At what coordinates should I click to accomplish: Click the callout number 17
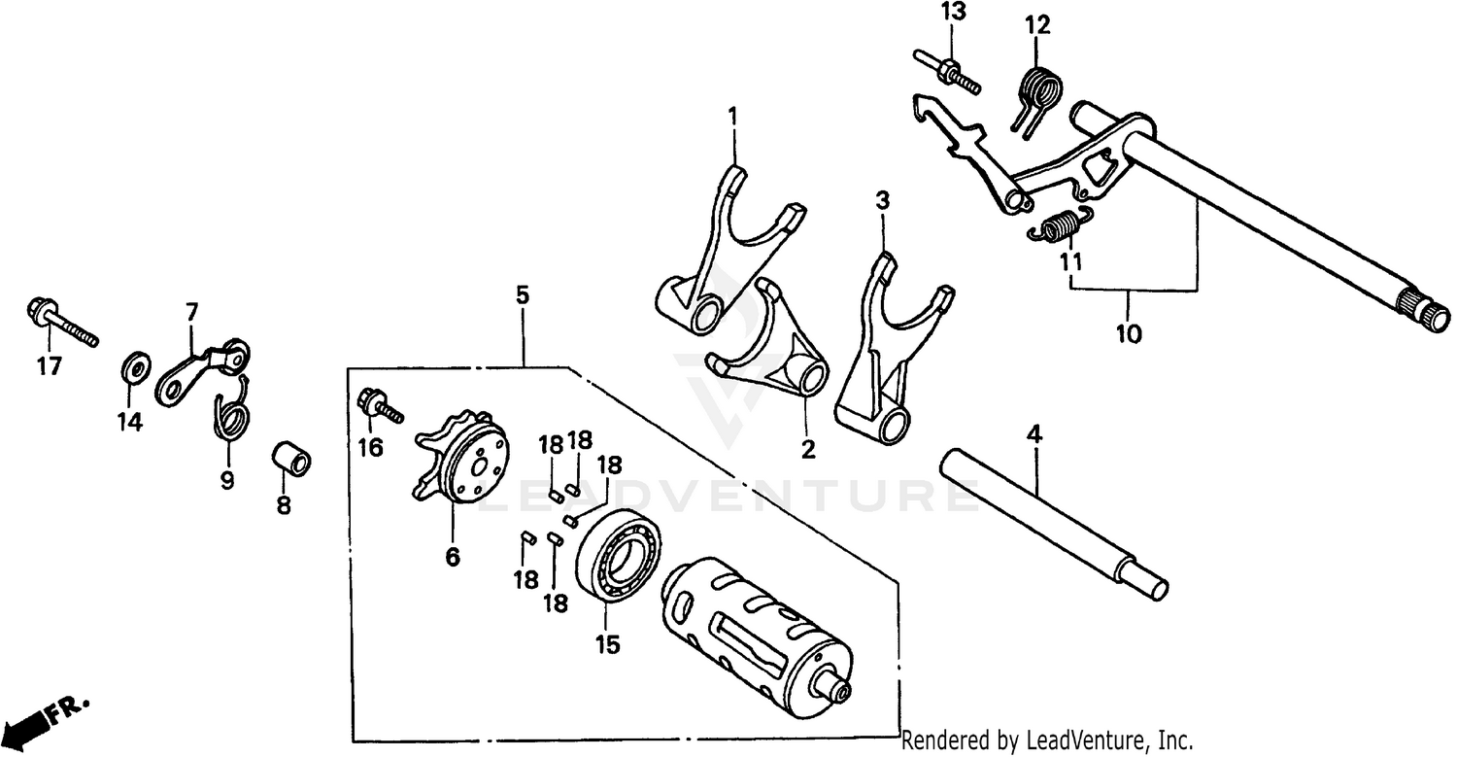[x=49, y=366]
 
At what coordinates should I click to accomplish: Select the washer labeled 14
[x=135, y=367]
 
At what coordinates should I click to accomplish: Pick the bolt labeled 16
[x=380, y=407]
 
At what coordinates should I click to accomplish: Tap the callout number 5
[x=523, y=294]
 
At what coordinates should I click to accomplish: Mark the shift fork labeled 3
[x=879, y=350]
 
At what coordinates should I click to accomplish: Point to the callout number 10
[x=1128, y=333]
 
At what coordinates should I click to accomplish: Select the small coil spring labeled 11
[x=1061, y=228]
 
